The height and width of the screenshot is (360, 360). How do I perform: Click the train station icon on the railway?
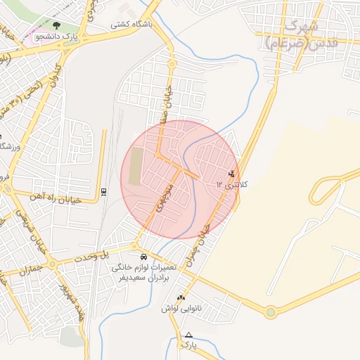point(104,191)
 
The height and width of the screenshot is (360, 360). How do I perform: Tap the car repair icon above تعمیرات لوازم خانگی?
point(144,257)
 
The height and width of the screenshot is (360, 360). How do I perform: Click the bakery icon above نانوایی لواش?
point(181,298)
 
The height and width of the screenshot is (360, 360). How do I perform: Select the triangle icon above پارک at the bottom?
point(188,335)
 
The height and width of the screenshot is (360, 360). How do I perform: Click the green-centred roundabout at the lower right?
point(270,312)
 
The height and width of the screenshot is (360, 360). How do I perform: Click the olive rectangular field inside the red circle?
point(134,166)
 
